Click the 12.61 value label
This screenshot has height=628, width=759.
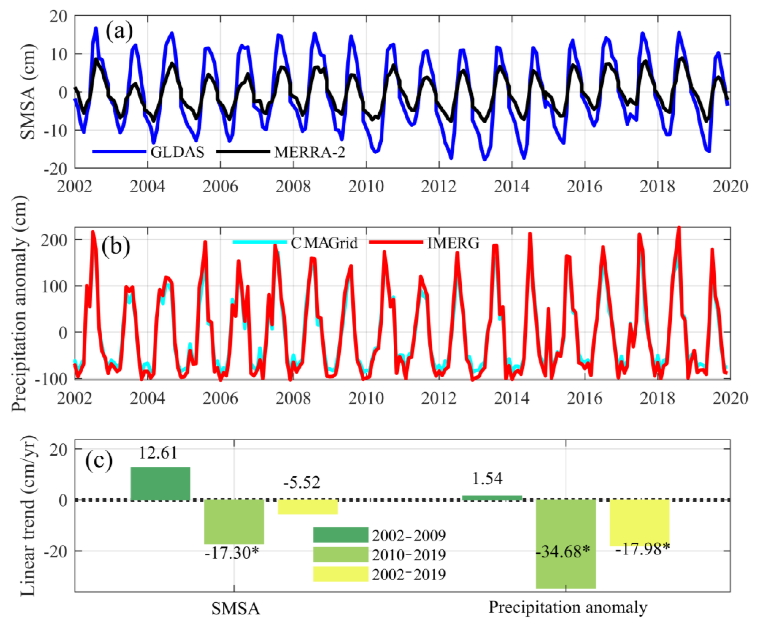158,453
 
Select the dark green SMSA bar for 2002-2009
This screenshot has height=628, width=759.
160,484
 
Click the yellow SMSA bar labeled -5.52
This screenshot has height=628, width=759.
308,507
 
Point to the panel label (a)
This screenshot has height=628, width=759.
119,31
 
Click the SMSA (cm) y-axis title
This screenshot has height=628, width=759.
28,92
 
